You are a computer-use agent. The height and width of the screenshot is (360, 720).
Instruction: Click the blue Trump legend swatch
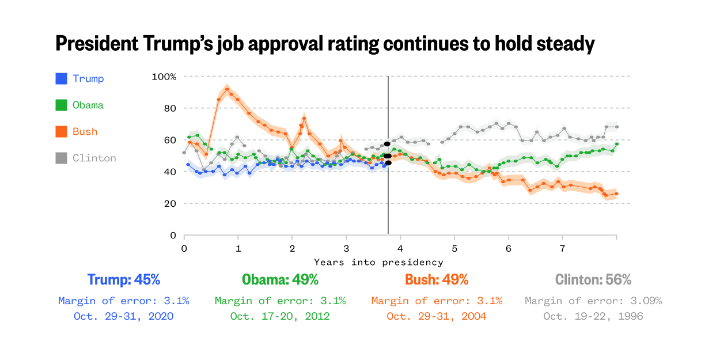point(62,78)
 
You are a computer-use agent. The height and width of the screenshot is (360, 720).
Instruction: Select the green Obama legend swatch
point(62,105)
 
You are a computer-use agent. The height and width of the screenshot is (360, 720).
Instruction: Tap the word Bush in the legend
point(85,131)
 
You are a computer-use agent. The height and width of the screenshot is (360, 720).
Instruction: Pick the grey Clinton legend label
point(94,158)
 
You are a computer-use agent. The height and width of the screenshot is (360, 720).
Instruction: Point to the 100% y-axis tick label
point(164,77)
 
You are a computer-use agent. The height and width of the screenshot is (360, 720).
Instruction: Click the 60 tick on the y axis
point(170,140)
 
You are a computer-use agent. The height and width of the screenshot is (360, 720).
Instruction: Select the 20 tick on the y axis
point(170,203)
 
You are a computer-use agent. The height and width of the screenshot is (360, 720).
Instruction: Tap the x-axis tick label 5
point(454,248)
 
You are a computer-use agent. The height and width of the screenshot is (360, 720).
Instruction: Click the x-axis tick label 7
point(562,248)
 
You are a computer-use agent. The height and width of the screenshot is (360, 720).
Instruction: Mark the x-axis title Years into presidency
point(378,262)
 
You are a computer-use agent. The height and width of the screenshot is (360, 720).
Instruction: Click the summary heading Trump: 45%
point(123,280)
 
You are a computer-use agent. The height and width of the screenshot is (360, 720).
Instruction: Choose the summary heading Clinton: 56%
point(593,280)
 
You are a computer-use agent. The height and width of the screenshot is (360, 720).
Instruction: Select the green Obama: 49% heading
point(280,280)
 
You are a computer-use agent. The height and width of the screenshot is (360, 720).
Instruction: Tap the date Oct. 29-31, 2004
point(437,316)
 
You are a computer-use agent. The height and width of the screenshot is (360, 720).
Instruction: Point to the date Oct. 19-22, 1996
point(593,316)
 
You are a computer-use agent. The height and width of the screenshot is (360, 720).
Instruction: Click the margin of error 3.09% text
point(593,301)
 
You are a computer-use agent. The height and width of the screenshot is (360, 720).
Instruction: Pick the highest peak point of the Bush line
point(227,89)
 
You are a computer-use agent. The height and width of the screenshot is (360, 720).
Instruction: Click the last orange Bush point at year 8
point(616,194)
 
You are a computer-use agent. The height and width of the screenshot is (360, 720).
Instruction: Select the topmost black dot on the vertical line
point(388,143)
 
